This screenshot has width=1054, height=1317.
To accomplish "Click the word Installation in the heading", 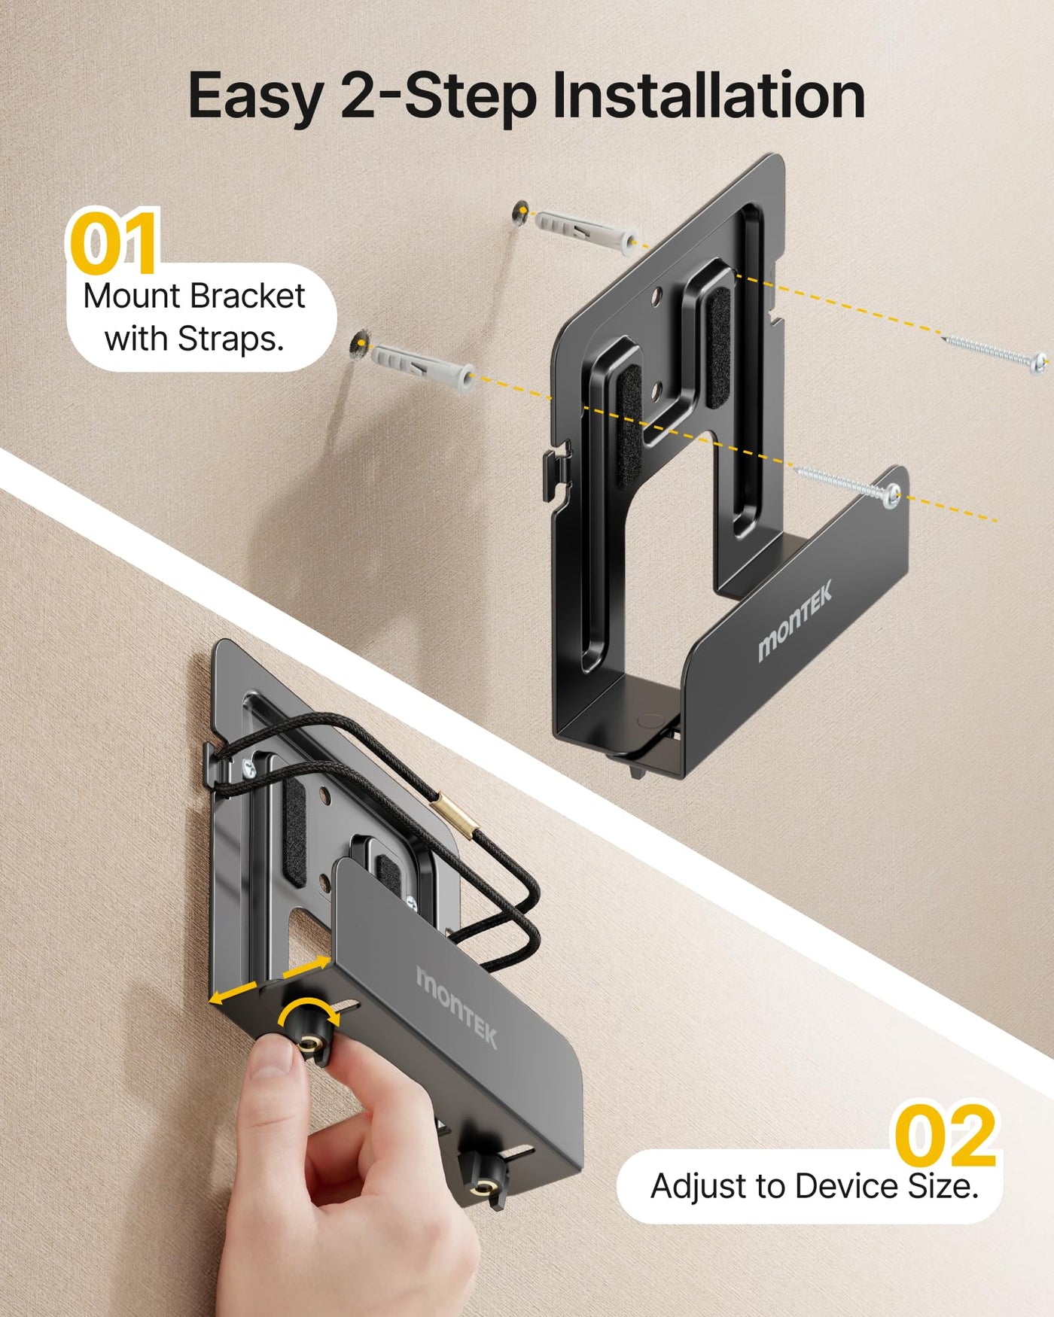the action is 708,96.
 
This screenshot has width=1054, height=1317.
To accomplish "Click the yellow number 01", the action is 114,242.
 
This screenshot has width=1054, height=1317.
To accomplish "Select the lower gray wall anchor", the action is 422,363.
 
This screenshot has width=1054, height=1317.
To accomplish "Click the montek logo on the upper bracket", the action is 795,621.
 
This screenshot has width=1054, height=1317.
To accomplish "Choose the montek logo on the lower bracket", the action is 457,1007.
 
